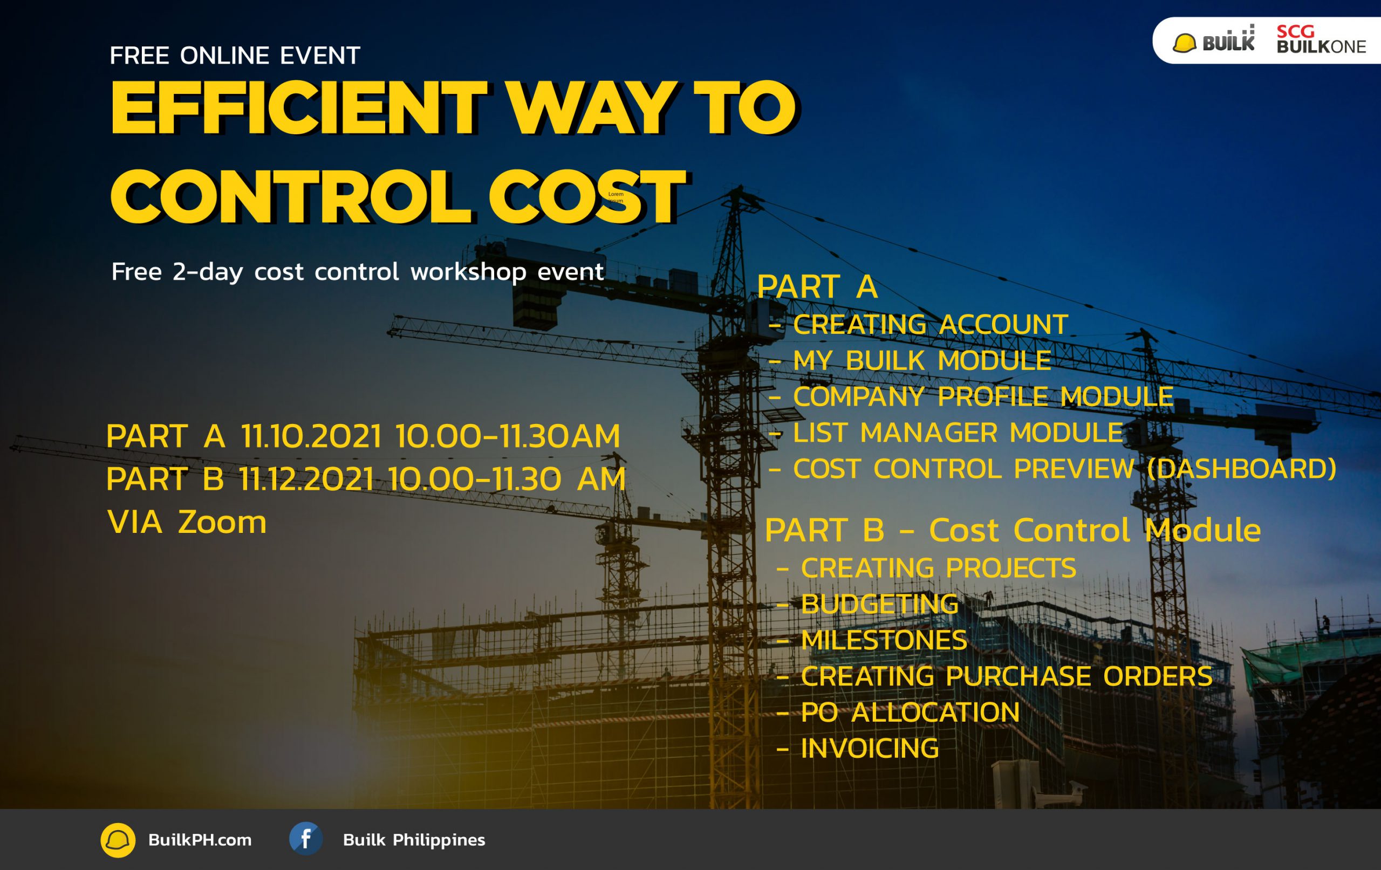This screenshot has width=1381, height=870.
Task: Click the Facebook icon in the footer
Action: point(306,839)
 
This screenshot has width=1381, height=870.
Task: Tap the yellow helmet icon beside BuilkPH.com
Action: point(118,840)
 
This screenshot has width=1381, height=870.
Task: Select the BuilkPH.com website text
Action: point(200,840)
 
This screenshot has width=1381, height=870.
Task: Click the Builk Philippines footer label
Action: point(414,840)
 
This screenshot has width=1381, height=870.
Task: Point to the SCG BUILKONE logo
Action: point(1321,40)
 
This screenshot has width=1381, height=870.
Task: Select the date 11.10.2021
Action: point(311,436)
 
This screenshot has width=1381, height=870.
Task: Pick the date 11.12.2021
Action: point(306,479)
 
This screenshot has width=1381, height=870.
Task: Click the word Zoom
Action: point(222,523)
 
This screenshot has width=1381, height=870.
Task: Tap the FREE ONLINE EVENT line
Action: point(235,56)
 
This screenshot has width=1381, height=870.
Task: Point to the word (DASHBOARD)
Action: point(1242,469)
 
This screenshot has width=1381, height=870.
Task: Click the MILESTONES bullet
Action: point(872,640)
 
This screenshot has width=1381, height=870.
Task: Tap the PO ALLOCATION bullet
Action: point(898,713)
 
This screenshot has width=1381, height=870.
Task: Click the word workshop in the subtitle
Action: point(469,272)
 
